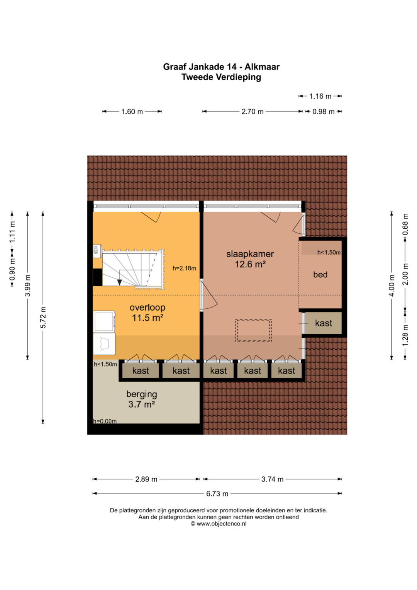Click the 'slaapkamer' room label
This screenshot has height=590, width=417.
coord(250,254)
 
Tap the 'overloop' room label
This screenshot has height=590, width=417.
coord(147,308)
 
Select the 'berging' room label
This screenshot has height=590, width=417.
coord(142,394)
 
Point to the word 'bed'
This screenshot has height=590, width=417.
coord(320,274)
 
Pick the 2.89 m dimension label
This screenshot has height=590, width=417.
coord(146,479)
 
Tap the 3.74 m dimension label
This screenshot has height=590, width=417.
coord(272,479)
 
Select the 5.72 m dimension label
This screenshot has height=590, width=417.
coord(43,317)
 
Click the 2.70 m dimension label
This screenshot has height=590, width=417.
coord(253,112)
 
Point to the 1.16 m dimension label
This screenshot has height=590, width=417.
coord(320,97)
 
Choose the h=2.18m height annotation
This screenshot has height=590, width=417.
coord(184,269)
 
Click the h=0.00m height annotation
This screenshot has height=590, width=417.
coord(105,421)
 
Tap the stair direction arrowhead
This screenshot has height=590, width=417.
coord(120,282)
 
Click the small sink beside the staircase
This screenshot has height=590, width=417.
coord(97,250)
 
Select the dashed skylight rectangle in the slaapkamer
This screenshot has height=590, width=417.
coord(253,331)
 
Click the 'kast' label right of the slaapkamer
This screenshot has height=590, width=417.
coord(324,323)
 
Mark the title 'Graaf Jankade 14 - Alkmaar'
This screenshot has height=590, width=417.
coord(221,67)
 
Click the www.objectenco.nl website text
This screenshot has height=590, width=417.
coord(221,524)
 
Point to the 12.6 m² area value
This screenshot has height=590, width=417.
coord(250,264)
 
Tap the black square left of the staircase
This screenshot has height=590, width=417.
coord(97,277)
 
